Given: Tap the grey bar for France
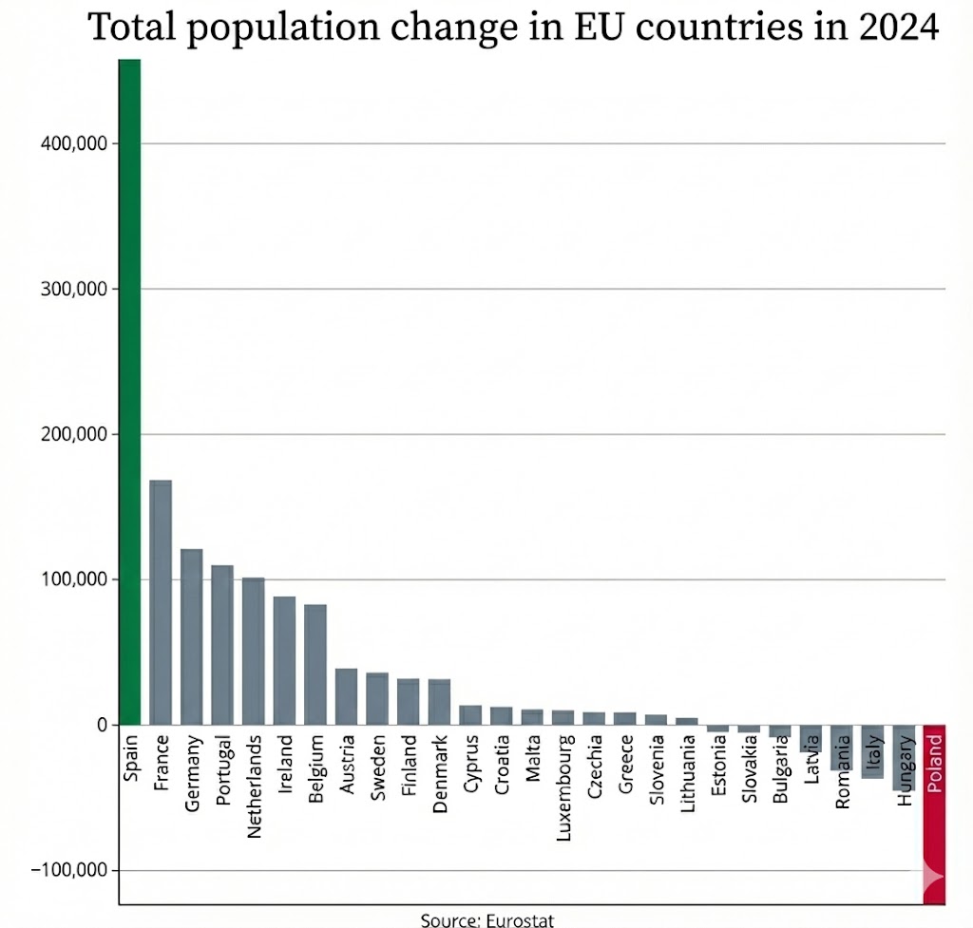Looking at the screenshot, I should [161, 602].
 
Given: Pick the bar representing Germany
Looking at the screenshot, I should [192, 636].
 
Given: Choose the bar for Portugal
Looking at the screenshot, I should [222, 645].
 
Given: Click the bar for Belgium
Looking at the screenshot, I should [315, 664].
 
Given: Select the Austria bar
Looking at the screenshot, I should [346, 696].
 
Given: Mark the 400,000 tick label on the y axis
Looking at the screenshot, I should [71, 143].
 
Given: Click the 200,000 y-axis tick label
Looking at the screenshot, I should [71, 434].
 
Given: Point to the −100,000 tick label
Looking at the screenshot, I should [67, 871].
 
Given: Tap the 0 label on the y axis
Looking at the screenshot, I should [100, 725].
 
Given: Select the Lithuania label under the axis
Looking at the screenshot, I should [688, 773].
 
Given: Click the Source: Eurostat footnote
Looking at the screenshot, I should [486, 919].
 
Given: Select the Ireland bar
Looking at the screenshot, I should [284, 660].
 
